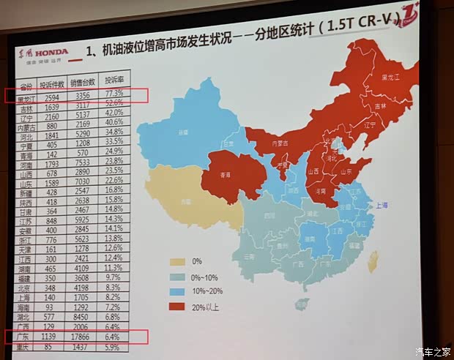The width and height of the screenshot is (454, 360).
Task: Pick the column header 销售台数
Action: click(x=83, y=81)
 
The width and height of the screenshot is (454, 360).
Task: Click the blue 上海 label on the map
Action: click(x=382, y=207)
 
